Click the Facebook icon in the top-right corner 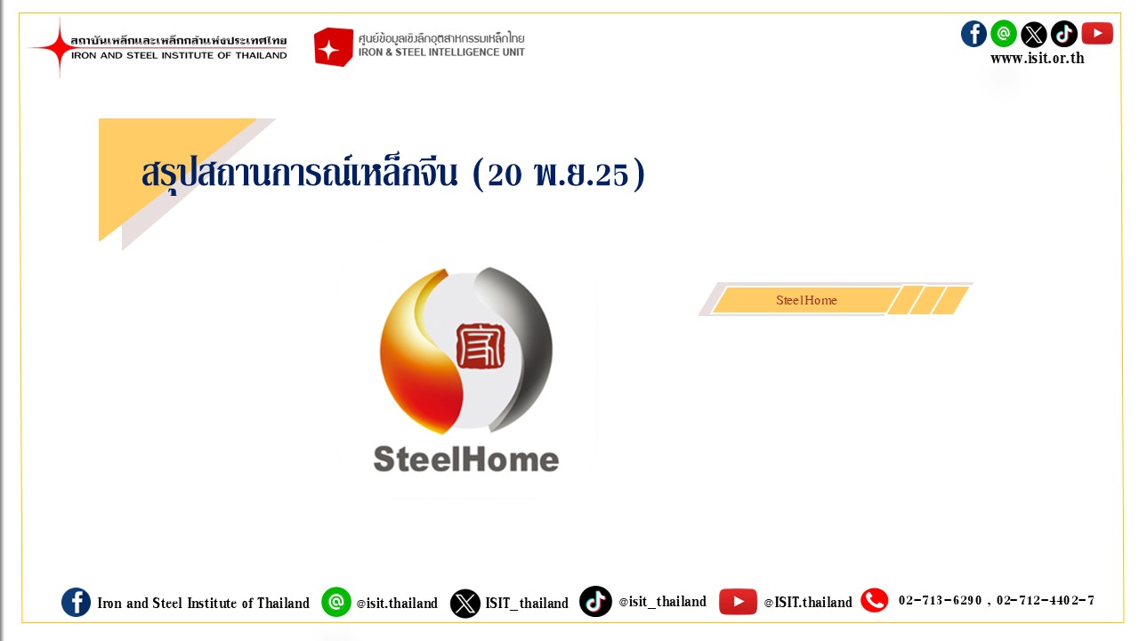click(x=973, y=34)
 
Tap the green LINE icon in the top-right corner click(x=1004, y=34)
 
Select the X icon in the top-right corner click(x=1034, y=35)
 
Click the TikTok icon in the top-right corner click(x=1063, y=34)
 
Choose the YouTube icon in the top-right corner click(x=1097, y=34)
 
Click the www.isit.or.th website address click(x=1038, y=58)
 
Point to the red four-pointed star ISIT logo click(x=59, y=47)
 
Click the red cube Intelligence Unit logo click(x=333, y=47)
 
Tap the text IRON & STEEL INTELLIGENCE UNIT click(x=441, y=53)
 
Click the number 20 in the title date click(x=505, y=175)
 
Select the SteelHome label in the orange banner click(x=806, y=300)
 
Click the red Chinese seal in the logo click(x=481, y=346)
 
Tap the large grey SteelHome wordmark click(x=466, y=458)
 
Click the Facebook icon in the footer click(x=77, y=603)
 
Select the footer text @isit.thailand click(x=397, y=604)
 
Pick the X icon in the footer click(x=464, y=604)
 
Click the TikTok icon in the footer click(x=595, y=601)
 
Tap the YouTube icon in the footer click(x=738, y=602)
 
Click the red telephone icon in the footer click(x=874, y=601)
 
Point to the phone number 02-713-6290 click(x=940, y=601)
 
